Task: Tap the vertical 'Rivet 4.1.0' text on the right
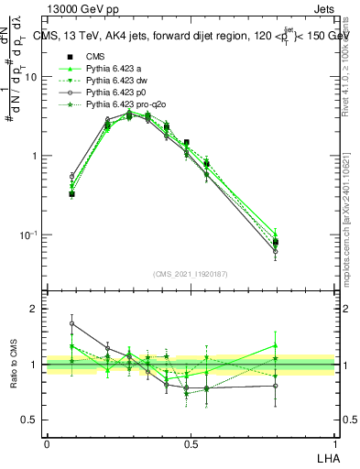pos(348,64)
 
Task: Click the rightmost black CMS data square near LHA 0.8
pos(276,243)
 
